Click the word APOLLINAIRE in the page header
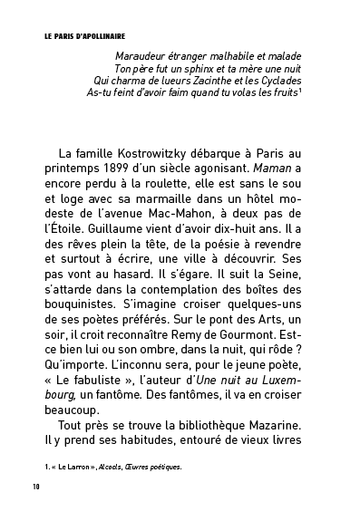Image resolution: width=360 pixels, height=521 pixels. (x=100, y=39)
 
